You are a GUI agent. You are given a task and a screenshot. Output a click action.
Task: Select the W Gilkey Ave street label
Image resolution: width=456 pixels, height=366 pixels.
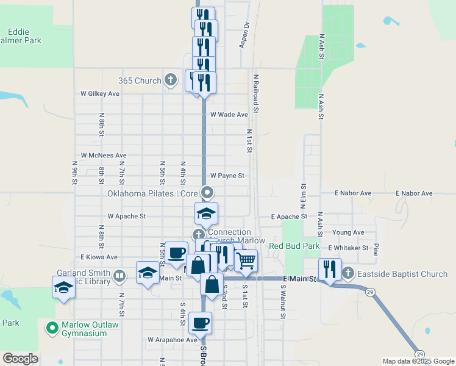pyautogui.click(x=100, y=94)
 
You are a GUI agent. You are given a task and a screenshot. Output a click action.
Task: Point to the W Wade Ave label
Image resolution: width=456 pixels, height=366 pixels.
pyautogui.click(x=229, y=114)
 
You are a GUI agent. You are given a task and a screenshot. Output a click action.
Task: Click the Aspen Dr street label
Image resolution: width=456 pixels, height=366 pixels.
pyautogui.click(x=245, y=35)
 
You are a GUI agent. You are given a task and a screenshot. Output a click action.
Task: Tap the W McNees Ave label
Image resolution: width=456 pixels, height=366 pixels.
pyautogui.click(x=104, y=156)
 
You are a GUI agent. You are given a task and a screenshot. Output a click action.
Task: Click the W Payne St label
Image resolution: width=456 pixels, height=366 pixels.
pyautogui.click(x=227, y=176)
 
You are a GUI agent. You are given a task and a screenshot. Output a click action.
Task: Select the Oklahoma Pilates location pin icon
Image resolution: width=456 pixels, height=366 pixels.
pyautogui.click(x=208, y=193)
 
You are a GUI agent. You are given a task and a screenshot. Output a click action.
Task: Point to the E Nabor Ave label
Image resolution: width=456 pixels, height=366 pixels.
pyautogui.click(x=353, y=193)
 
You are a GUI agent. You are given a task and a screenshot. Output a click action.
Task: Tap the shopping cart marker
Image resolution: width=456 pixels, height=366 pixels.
pyautogui.click(x=246, y=260)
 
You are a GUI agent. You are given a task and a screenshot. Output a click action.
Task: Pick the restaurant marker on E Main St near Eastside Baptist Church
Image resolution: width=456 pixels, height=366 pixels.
pyautogui.click(x=330, y=268)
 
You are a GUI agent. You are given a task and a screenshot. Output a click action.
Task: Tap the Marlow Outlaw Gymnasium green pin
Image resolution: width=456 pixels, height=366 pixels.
pyautogui.click(x=53, y=328)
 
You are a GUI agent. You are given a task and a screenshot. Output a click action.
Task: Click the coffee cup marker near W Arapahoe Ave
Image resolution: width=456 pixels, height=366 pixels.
pyautogui.click(x=199, y=322)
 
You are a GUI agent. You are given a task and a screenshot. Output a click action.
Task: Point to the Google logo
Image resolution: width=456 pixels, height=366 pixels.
pyautogui.click(x=20, y=358)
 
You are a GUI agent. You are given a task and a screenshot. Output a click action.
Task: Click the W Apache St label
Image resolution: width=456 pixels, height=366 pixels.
pyautogui.click(x=127, y=216)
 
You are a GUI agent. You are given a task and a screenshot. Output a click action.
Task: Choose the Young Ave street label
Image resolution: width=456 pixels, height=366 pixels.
pyautogui.click(x=348, y=232)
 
